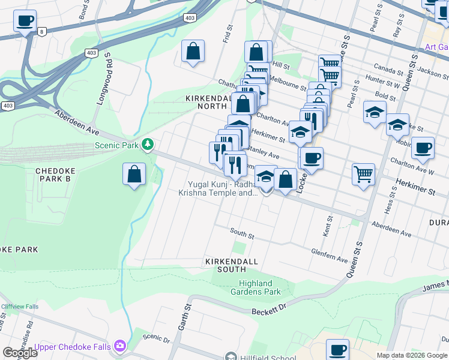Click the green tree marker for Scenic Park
point(146,145)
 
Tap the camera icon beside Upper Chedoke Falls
point(121,346)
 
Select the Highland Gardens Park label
point(255,287)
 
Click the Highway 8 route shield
point(41,31)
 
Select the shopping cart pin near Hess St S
point(363,174)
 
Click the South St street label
point(242,233)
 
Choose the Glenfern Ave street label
point(330,256)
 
